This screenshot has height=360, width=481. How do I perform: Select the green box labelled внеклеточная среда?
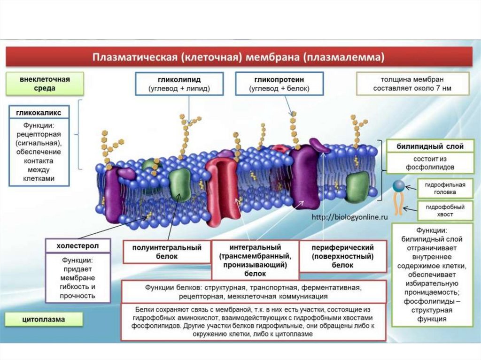click(x=45, y=84)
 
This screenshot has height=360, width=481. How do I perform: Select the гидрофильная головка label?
click(x=445, y=189)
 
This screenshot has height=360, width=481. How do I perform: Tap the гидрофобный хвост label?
click(x=445, y=211)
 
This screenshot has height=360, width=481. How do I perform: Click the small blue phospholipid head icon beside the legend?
click(x=398, y=186)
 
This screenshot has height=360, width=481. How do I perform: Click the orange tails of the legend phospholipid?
click(x=398, y=203)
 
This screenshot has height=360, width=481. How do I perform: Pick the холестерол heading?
click(x=78, y=245)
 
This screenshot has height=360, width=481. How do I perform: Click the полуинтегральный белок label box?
click(x=167, y=252)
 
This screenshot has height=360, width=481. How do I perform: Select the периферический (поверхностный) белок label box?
click(x=343, y=256)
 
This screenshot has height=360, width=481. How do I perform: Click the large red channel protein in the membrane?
click(x=223, y=190)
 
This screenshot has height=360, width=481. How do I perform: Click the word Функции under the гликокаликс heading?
click(x=39, y=126)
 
